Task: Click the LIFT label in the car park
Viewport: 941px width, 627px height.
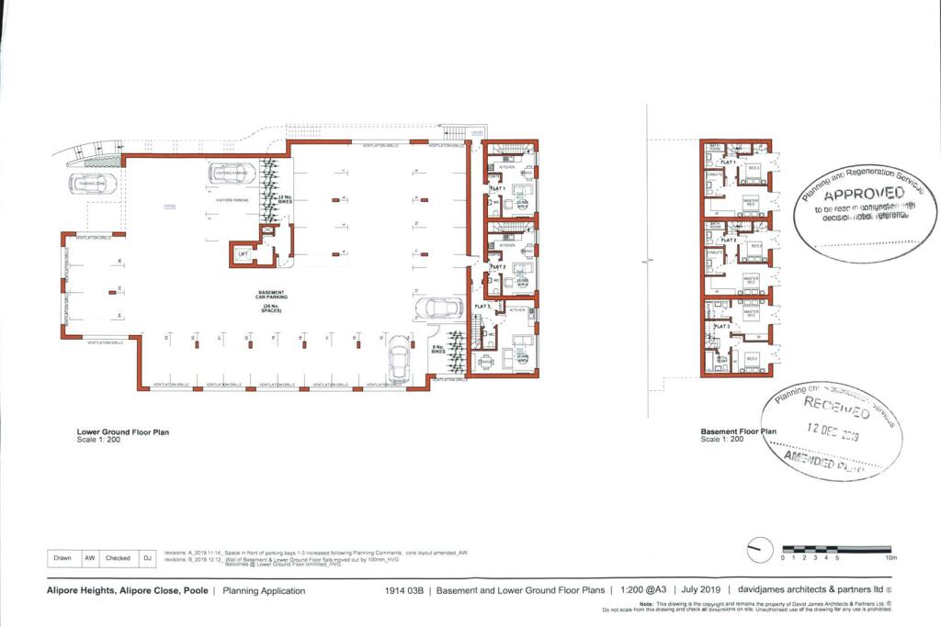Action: click(244, 253)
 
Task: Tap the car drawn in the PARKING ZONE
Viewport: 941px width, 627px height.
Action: click(92, 184)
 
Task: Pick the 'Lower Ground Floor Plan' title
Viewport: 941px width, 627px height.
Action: click(122, 431)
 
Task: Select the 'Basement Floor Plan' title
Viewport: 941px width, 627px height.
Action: click(739, 431)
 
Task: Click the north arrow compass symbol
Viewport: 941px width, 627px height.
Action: click(759, 552)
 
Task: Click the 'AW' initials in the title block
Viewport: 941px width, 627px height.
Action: click(90, 557)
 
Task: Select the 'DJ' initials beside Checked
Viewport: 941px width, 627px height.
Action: click(146, 557)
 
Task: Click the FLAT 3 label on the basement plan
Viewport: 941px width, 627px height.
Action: click(721, 326)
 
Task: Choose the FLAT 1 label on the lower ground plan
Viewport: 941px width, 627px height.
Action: click(497, 188)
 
